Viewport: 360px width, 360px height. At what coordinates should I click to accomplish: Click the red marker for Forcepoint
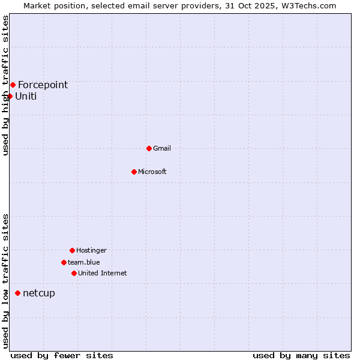point(13,85)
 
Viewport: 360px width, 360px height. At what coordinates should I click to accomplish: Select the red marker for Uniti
point(10,96)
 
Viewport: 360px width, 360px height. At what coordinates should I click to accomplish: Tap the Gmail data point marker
point(149,148)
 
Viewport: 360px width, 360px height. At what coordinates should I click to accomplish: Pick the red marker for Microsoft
point(134,172)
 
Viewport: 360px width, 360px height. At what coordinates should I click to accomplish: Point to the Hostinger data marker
point(72,250)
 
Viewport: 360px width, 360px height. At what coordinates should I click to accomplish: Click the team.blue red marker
point(64,262)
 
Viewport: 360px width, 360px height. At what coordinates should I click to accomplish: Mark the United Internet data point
point(74,273)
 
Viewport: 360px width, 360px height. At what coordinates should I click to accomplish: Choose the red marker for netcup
point(17,293)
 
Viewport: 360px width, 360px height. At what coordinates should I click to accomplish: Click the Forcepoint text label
point(43,85)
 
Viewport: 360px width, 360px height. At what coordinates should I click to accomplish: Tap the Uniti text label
point(26,96)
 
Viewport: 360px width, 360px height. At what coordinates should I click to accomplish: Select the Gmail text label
point(162,148)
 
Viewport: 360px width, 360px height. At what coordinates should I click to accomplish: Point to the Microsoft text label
point(152,172)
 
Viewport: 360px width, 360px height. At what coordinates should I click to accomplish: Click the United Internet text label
point(103,273)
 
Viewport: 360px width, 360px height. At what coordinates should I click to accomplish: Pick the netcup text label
point(39,293)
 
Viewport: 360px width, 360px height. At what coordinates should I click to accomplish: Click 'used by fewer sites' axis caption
point(62,356)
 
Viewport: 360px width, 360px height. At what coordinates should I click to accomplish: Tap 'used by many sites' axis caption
point(301,356)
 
